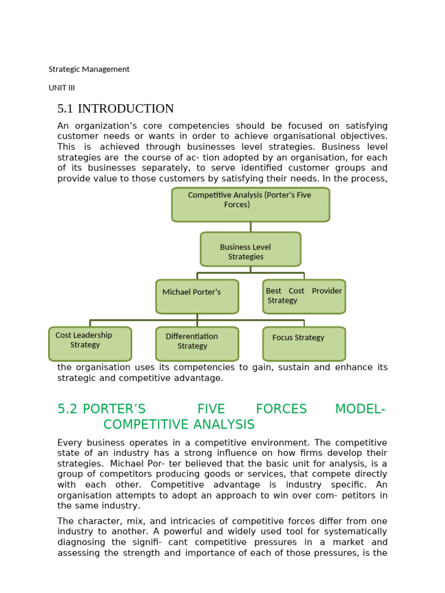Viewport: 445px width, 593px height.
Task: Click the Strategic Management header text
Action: [89, 69]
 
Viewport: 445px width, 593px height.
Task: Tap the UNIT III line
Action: [61, 88]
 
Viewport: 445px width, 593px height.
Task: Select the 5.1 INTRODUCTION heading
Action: [115, 109]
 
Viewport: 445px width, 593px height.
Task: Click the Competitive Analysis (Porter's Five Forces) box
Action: [250, 204]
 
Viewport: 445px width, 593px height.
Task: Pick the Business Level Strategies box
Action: [250, 249]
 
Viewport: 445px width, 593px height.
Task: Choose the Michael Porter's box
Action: [197, 296]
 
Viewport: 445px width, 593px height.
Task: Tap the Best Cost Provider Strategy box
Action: [304, 296]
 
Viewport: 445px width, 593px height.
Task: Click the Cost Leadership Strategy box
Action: [90, 343]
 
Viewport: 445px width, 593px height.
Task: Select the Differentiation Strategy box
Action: [197, 343]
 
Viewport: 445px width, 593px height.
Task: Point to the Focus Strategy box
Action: [304, 343]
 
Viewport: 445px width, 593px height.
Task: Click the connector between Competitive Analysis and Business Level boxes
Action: [251, 227]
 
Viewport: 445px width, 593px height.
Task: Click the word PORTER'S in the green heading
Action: [114, 409]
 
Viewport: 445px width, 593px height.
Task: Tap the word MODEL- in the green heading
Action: [360, 409]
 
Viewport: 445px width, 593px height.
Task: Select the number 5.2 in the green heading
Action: [67, 409]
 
